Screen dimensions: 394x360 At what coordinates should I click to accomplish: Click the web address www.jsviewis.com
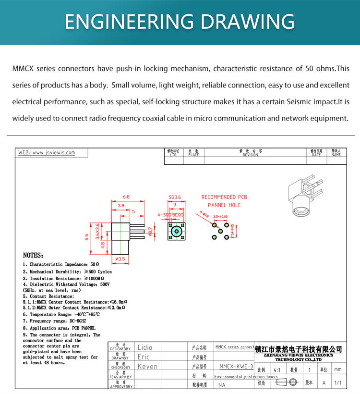point(53,153)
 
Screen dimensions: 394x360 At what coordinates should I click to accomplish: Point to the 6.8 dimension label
point(126,197)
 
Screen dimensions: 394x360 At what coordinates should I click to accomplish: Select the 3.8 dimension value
point(121,205)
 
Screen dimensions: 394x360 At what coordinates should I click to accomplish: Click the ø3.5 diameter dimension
point(120,259)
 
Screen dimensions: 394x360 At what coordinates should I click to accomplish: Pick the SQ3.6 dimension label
point(175,197)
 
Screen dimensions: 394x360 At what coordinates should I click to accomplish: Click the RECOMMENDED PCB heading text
point(224,197)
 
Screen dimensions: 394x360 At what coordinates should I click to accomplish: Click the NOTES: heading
point(33,256)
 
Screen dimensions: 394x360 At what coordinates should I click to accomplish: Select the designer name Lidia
point(145,347)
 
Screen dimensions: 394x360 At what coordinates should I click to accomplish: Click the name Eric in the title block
point(144,357)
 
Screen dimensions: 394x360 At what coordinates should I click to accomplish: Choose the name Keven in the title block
point(147,367)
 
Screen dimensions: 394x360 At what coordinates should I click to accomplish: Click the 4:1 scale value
point(277,370)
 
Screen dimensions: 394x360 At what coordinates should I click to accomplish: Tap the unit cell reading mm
point(338,370)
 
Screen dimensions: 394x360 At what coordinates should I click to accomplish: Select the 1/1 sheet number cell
point(338,383)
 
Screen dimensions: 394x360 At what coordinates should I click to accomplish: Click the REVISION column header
point(250,155)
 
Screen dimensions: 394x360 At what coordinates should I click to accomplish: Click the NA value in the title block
point(222,385)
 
